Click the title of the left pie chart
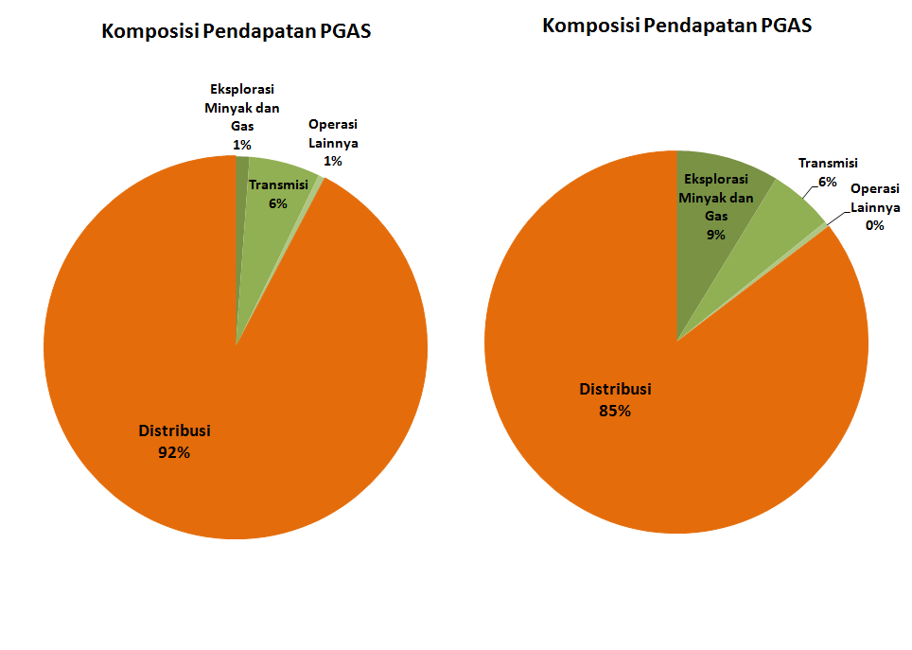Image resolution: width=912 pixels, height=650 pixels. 236,32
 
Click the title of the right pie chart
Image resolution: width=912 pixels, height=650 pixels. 676,26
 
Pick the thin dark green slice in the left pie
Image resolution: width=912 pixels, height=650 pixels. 242,189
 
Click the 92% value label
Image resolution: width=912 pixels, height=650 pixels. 174,452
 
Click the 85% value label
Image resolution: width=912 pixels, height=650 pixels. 615,411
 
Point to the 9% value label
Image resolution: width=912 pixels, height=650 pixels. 715,235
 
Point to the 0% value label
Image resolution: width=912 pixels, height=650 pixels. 874,225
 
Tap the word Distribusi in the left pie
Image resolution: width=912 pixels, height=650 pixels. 174,430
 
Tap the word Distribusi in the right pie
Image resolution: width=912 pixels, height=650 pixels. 615,389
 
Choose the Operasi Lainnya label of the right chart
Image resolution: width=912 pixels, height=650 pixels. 874,198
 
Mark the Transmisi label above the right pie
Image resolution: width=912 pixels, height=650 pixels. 828,163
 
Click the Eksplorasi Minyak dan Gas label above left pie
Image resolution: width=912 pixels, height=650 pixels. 242,108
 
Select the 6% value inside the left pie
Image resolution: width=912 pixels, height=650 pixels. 277,203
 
